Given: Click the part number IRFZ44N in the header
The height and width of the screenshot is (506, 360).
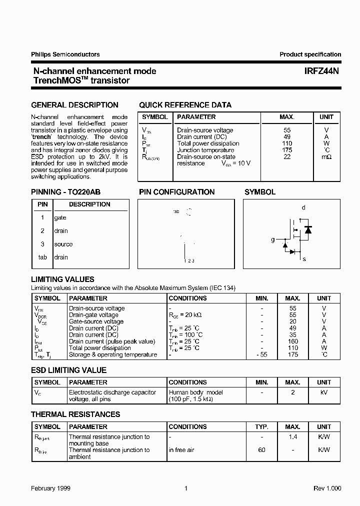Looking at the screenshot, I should tap(322, 71).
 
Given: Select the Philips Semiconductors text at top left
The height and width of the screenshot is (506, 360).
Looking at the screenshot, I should tap(65, 54).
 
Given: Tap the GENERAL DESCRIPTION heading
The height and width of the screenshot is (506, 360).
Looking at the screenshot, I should tap(74, 105).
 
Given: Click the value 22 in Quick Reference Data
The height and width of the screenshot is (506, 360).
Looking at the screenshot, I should tap(286, 156).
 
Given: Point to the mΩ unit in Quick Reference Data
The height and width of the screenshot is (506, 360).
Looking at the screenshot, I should tap(326, 156).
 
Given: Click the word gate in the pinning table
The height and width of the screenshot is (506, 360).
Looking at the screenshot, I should tap(60, 218).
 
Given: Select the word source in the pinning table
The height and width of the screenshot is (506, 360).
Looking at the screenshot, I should tap(63, 244).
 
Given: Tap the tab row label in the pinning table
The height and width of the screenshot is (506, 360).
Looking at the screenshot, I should tap(42, 257).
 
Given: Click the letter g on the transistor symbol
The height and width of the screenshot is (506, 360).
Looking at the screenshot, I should tap(273, 240).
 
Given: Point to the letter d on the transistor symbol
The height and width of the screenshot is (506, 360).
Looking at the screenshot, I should tap(303, 208).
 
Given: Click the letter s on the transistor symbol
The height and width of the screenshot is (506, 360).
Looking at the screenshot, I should tap(304, 259).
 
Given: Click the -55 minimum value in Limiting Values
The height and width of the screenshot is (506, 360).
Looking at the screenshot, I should tap(262, 354).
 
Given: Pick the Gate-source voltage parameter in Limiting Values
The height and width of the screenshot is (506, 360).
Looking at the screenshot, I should tap(96, 322).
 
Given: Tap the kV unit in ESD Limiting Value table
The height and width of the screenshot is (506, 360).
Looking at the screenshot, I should tap(323, 392).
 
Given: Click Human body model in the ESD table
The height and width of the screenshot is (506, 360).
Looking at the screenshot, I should tap(195, 392).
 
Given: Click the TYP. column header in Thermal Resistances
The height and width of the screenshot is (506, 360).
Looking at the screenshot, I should tap(262, 427).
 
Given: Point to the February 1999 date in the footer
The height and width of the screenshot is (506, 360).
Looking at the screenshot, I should tap(50, 488).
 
